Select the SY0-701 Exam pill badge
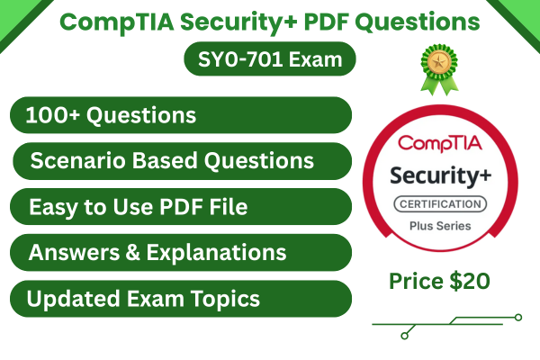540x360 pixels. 269,60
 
